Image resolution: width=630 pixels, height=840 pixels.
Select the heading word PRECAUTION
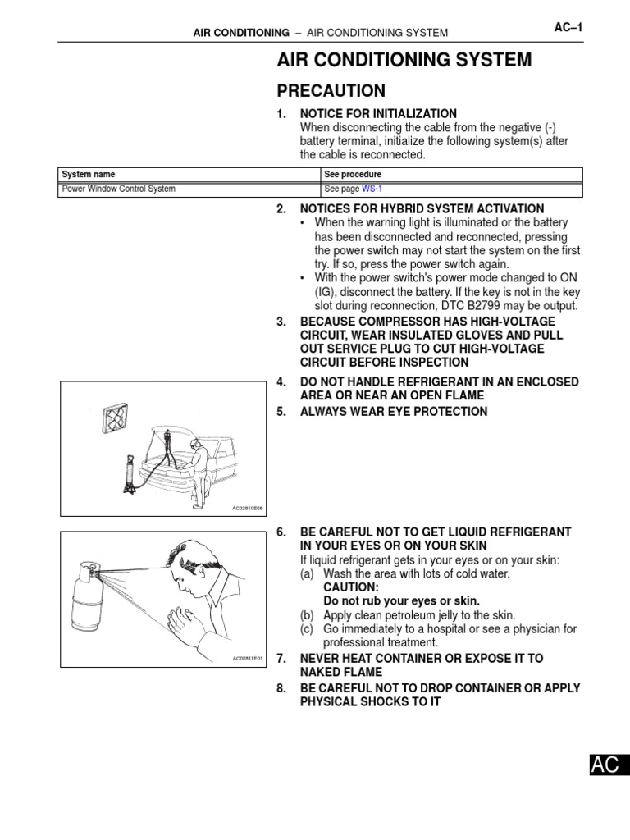click(x=331, y=90)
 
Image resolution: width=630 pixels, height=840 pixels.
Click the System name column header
click(x=89, y=175)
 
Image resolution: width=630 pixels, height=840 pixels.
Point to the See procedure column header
click(x=353, y=175)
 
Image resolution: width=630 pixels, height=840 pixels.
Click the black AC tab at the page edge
click(x=605, y=765)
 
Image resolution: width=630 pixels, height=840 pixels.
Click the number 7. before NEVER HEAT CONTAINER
click(x=281, y=659)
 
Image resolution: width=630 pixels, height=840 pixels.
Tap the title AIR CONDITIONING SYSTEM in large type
click(x=404, y=60)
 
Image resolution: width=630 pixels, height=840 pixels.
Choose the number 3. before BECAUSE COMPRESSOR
click(x=281, y=322)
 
